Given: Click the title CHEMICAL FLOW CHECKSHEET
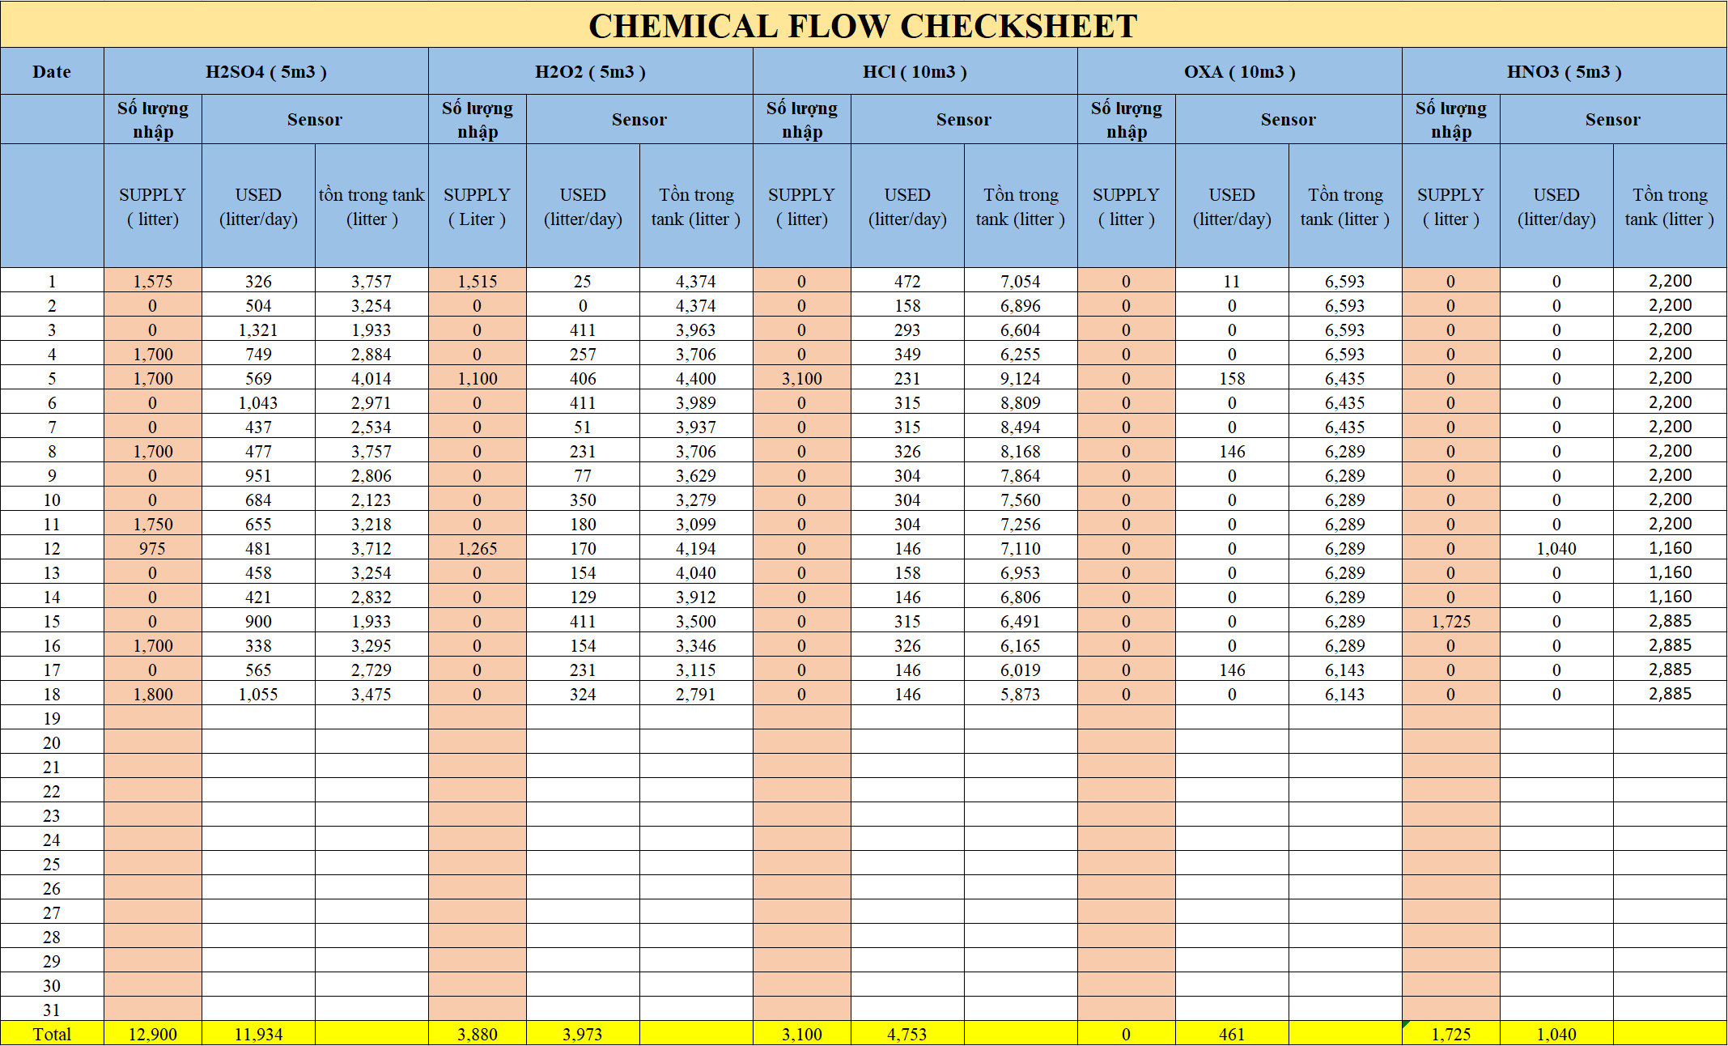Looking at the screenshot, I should point(863,26).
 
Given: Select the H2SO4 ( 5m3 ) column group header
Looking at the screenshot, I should point(265,72).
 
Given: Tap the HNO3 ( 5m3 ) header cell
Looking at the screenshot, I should point(1564,72).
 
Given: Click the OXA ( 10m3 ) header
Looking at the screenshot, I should point(1239,72).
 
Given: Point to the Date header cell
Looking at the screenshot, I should point(52,72).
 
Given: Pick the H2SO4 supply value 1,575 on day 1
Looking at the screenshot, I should point(153,282).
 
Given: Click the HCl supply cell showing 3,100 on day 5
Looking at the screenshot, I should point(801,379).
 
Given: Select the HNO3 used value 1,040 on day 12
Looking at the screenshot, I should point(1556,549).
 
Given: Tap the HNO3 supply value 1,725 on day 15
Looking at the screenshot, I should point(1450,622).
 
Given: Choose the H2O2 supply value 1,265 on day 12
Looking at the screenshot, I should point(477,549).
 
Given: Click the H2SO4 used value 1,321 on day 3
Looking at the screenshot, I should point(258,330).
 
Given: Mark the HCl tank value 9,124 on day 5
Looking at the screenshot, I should point(1020,379).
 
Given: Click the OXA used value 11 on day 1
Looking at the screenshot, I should point(1231,282).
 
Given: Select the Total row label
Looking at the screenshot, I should point(52,1034).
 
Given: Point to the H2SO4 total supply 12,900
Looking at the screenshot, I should point(153,1034).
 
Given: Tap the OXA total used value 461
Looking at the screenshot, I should point(1231,1034).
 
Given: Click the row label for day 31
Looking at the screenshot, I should point(52,1010).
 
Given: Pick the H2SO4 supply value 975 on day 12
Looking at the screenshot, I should point(153,549).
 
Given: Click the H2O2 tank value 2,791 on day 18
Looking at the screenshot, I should point(695,695).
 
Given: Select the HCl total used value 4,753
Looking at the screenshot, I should point(906,1034).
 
